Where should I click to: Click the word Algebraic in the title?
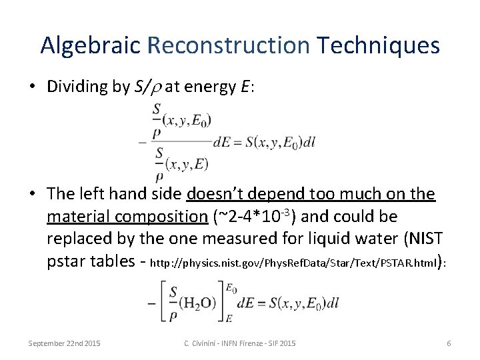(90, 45)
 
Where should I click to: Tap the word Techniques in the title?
(379, 45)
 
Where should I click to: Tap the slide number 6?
(449, 343)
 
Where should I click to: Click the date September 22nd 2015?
(64, 343)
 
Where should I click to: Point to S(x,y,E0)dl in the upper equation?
(280, 141)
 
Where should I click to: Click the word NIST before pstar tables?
(418, 239)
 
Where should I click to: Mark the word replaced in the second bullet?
(79, 239)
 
